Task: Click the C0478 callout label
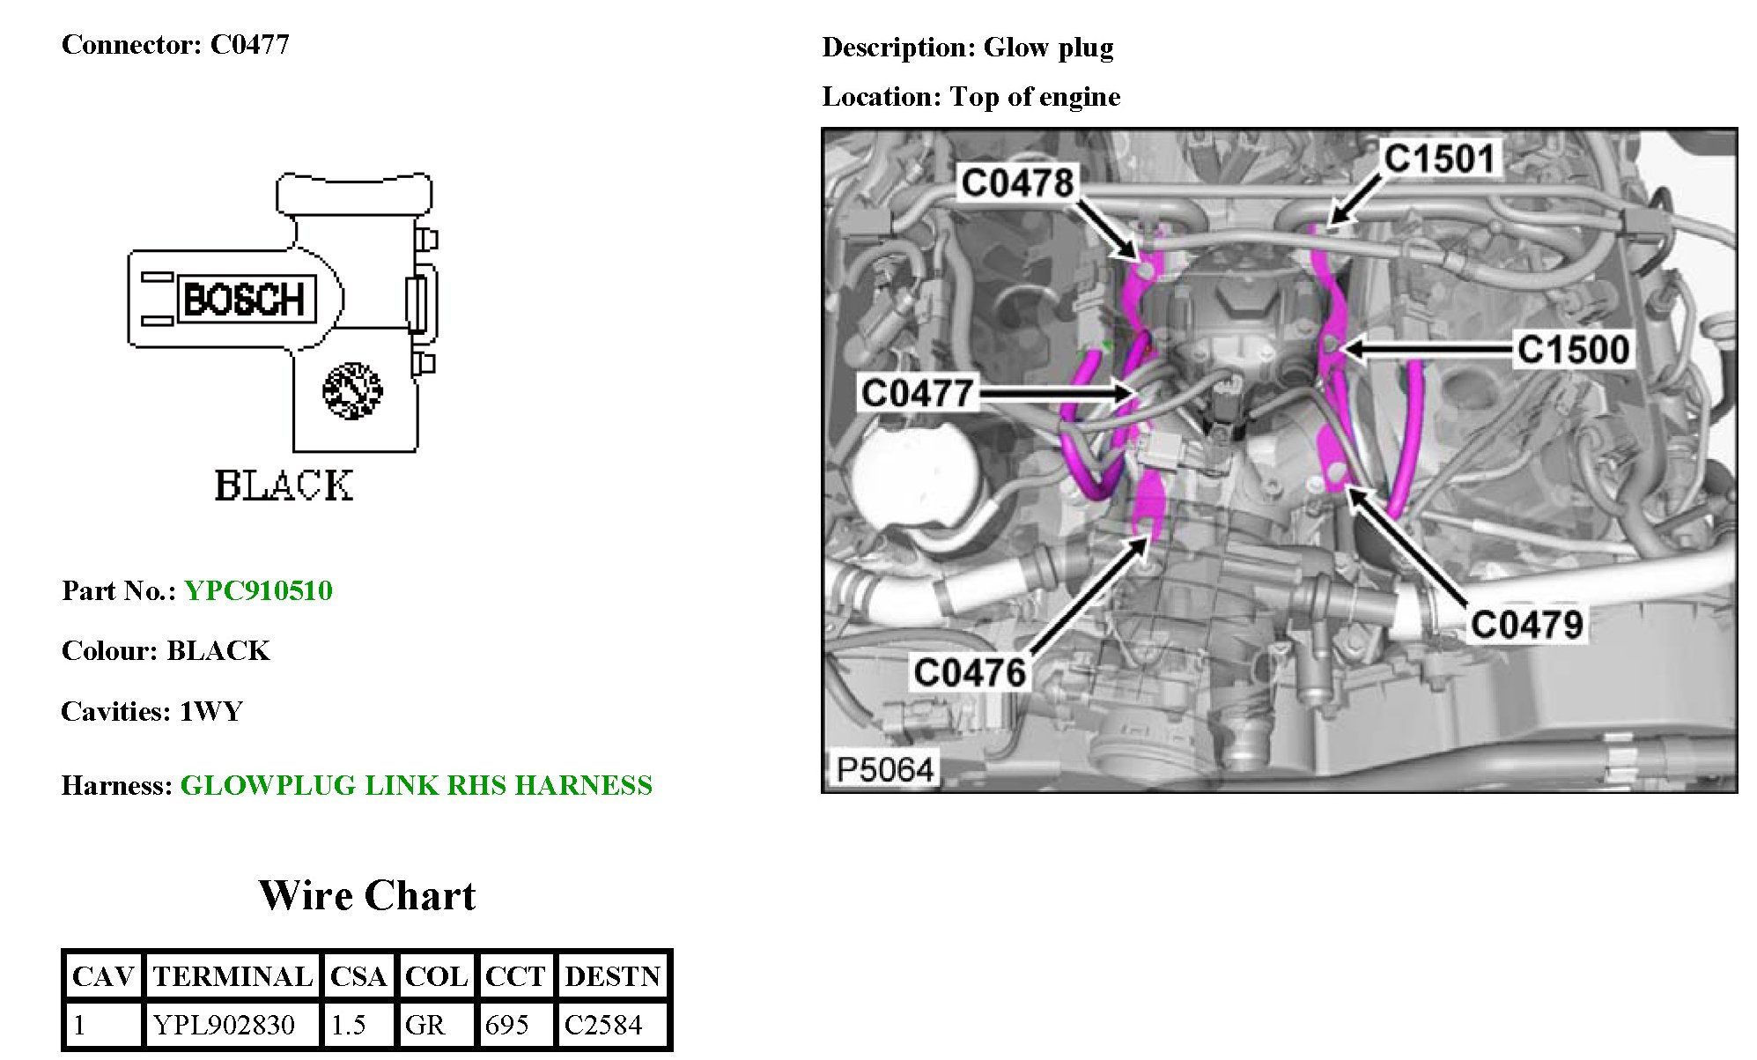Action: (x=1017, y=183)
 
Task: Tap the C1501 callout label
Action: (x=1439, y=159)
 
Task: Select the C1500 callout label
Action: (x=1573, y=350)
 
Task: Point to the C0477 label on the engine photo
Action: (x=917, y=393)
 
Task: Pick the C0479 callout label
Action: (x=1526, y=625)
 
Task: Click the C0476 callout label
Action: (x=970, y=673)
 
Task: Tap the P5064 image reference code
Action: (x=884, y=770)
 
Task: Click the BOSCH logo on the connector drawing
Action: (x=246, y=300)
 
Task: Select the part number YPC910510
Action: (x=258, y=590)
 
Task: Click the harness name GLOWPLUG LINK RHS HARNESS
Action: (x=416, y=785)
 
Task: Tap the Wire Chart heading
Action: (x=366, y=896)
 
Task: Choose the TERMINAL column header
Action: (x=233, y=976)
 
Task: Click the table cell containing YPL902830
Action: (x=224, y=1025)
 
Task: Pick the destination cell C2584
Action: (x=603, y=1025)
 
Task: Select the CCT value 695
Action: (x=506, y=1025)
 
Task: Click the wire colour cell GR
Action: (x=424, y=1025)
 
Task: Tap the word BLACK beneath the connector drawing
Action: (x=284, y=486)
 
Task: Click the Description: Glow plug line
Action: (x=967, y=48)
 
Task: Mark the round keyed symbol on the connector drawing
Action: (x=352, y=390)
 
